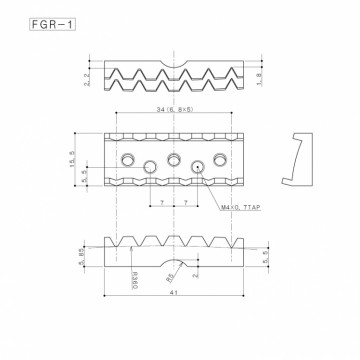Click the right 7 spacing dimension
click(188, 203)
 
